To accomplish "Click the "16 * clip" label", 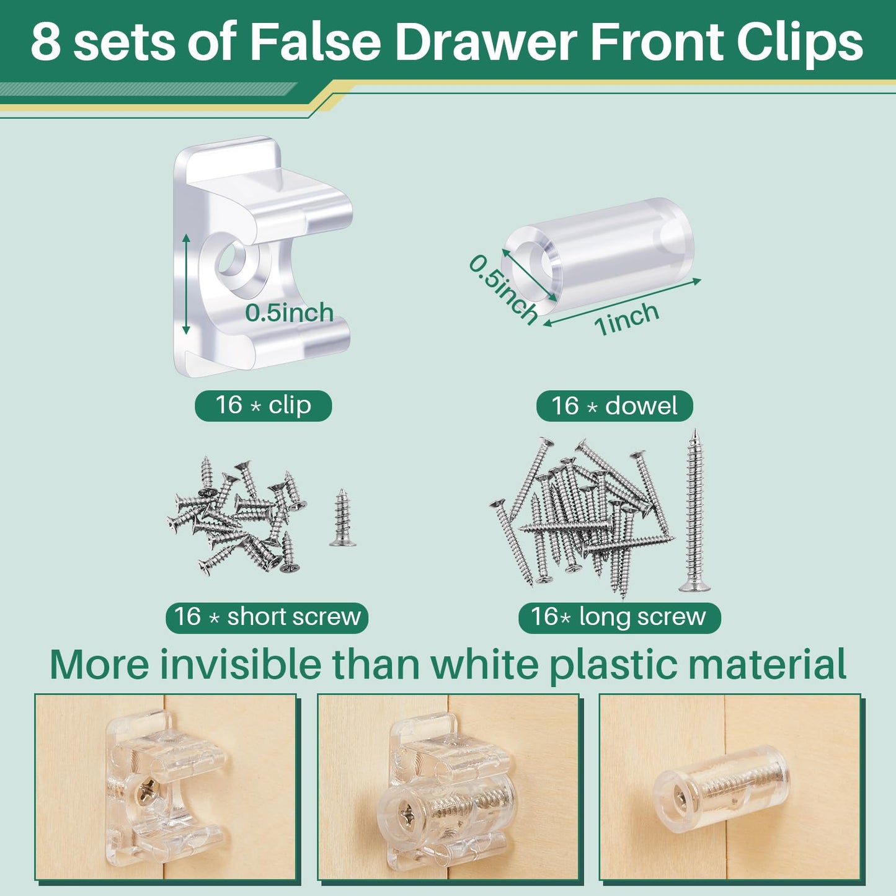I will tap(263, 406).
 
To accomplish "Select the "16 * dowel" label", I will tap(614, 406).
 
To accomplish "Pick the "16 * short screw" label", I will tap(267, 617).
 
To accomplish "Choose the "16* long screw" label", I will tap(619, 617).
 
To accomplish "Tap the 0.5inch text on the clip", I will tap(289, 313).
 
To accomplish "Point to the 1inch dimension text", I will tap(626, 318).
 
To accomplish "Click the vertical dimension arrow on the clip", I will tap(186, 283).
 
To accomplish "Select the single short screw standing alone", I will tap(342, 518).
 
